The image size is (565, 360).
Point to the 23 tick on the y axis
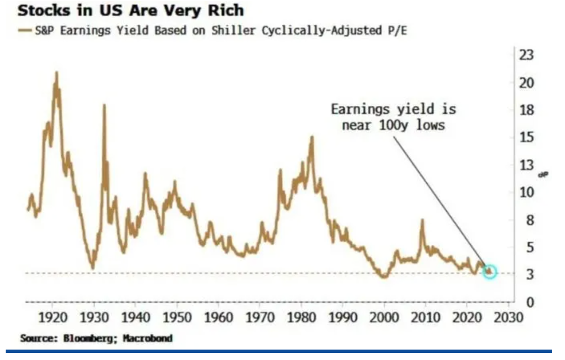click(x=526, y=55)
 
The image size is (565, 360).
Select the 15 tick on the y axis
click(x=526, y=137)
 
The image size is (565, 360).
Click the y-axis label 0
click(x=530, y=302)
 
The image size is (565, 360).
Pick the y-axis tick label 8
click(x=530, y=220)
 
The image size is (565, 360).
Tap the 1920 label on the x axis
click(x=53, y=318)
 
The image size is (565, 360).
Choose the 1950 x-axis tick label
click(x=177, y=318)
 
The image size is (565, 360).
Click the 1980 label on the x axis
click(x=301, y=318)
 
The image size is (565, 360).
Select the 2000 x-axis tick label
click(x=384, y=318)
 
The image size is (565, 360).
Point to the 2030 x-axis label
click(x=509, y=318)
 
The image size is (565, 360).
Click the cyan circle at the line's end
click(x=489, y=272)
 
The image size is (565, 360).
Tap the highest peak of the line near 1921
click(x=56, y=73)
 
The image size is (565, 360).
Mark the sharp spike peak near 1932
click(x=104, y=105)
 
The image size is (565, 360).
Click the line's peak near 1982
click(x=312, y=137)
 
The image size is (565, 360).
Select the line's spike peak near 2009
click(x=422, y=220)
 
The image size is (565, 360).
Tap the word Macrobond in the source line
click(x=147, y=338)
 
